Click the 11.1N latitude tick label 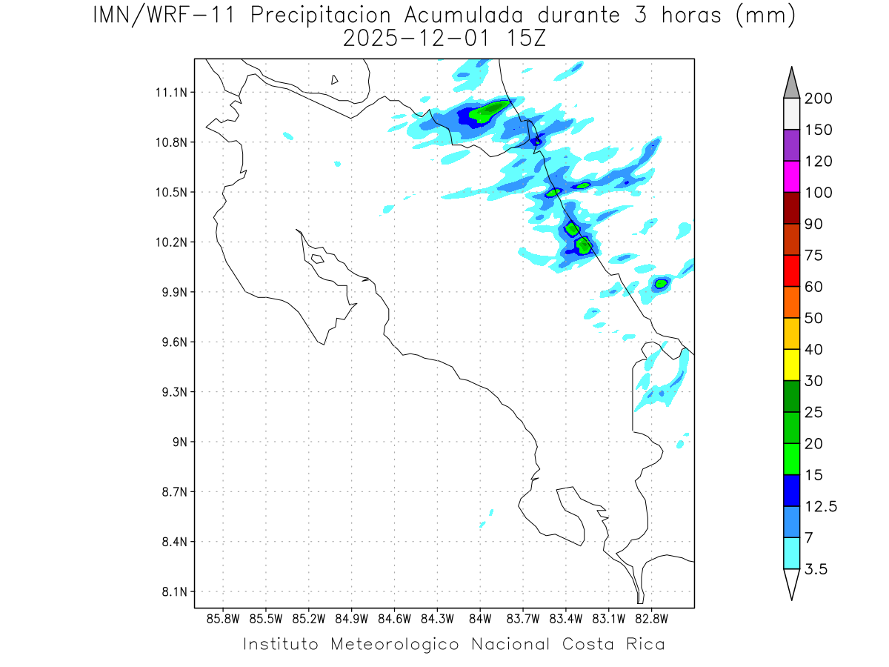170,93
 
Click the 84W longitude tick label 480,619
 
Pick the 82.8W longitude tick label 651,619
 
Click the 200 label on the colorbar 819,99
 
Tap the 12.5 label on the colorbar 821,506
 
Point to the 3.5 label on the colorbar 816,569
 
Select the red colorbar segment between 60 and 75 791,271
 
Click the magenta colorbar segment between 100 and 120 791,176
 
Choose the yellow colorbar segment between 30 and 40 791,365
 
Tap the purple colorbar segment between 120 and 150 791,145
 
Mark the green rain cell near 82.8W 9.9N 661,283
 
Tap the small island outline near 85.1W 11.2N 335,79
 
